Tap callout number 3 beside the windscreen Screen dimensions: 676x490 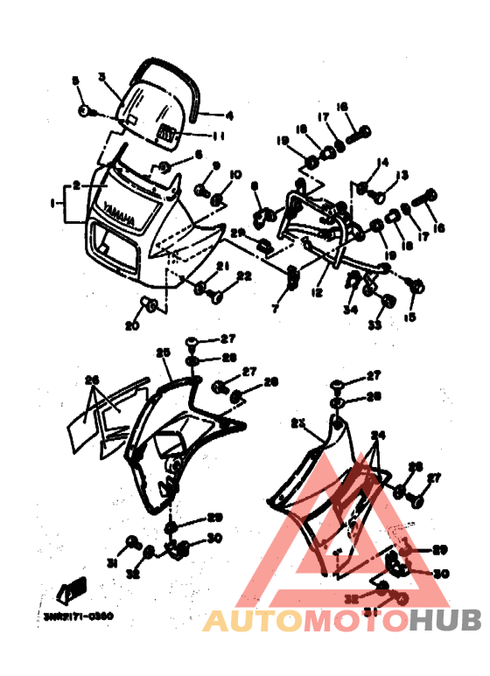click(x=102, y=77)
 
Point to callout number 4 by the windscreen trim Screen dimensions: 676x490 click(x=230, y=115)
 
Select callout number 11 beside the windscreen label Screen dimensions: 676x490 click(x=220, y=136)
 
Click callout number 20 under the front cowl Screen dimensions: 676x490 click(x=131, y=325)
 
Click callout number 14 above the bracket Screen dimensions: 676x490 click(x=381, y=162)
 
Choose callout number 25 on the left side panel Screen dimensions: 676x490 click(x=162, y=352)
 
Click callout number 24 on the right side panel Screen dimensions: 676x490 click(x=377, y=434)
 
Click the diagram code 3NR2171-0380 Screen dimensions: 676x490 click(x=78, y=615)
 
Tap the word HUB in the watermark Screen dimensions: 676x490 click(x=445, y=620)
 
